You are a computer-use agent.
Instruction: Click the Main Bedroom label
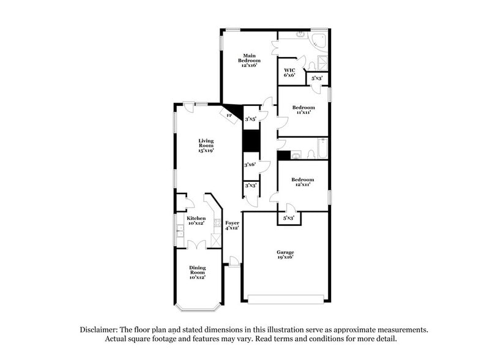tap(249, 60)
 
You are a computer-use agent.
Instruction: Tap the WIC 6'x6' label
tap(289, 72)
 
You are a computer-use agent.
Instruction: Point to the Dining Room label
tap(197, 272)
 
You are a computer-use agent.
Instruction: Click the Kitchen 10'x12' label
tap(196, 221)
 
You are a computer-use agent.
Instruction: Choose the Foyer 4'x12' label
tap(232, 225)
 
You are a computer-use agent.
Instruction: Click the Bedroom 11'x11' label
tap(303, 110)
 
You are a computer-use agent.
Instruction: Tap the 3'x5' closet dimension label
tap(250, 119)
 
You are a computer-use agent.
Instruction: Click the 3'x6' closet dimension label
tap(250, 165)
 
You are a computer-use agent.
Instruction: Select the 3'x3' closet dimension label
tap(250, 185)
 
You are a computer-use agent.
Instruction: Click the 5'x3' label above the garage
tap(289, 217)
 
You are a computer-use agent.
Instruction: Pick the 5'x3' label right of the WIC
tap(317, 78)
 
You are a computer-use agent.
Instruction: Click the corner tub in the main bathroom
tap(319, 40)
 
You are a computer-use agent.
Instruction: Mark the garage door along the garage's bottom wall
tap(286, 298)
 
